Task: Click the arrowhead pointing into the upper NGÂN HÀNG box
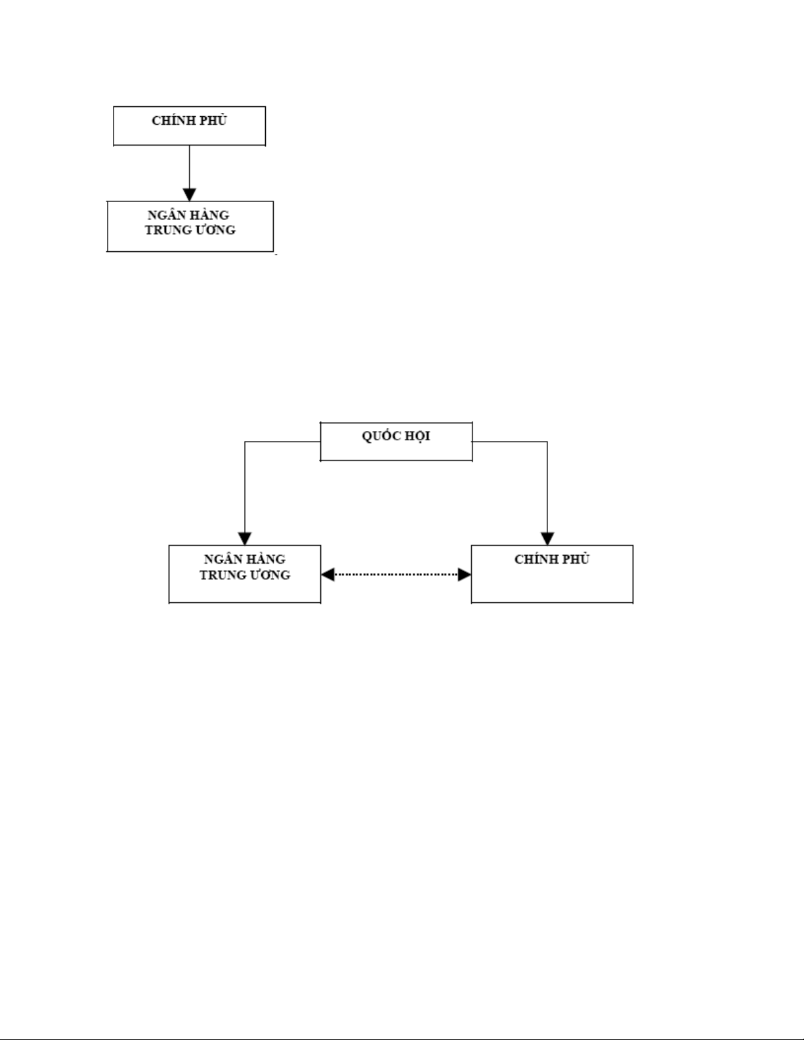pos(190,194)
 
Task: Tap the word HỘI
pos(417,436)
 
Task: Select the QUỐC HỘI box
pos(396,442)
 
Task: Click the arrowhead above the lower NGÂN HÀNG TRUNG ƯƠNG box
pos(245,539)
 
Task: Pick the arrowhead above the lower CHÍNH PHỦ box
pos(547,539)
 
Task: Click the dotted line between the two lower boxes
pos(396,574)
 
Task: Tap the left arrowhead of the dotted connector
pos(328,574)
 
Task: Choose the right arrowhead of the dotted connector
pos(465,574)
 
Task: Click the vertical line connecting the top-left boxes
pos(190,167)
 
